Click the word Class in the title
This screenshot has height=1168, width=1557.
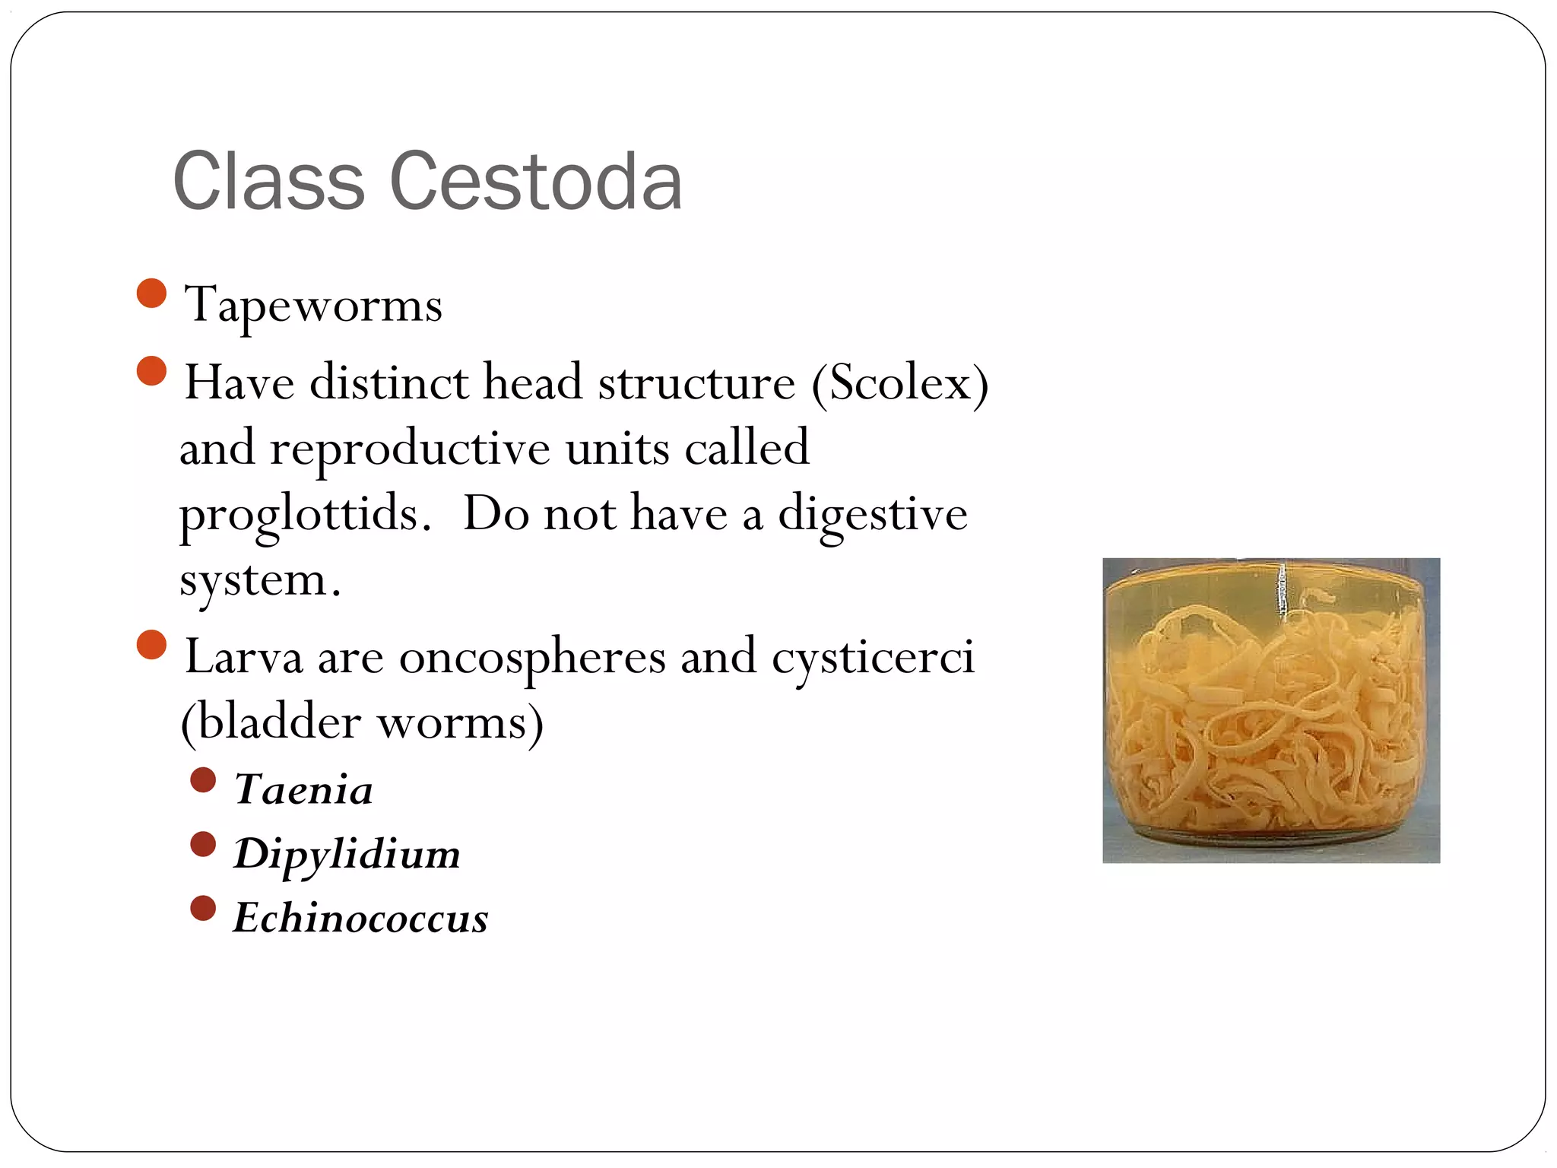click(269, 182)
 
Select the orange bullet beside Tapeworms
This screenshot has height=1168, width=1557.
click(152, 294)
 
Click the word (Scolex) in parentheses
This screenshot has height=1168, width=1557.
click(900, 382)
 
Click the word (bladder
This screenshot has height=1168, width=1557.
click(271, 722)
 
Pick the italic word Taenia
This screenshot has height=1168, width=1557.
click(303, 789)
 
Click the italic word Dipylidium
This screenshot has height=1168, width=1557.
click(347, 854)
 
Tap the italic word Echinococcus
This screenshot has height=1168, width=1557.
click(360, 918)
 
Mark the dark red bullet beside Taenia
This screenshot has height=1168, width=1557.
click(203, 780)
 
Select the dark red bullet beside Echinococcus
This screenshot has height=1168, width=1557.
click(203, 908)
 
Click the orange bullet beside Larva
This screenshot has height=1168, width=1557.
click(152, 645)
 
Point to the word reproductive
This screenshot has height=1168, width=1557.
click(410, 449)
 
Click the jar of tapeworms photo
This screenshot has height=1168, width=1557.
click(1271, 710)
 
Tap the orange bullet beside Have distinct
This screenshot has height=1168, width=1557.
click(152, 371)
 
